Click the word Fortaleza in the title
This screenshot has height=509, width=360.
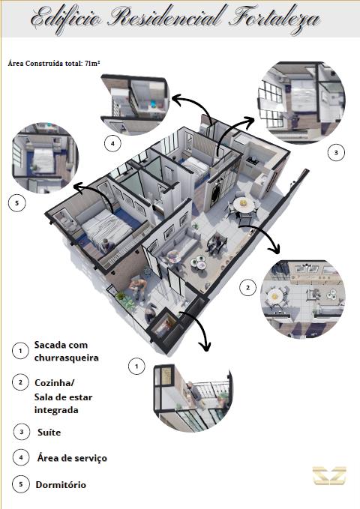(274, 19)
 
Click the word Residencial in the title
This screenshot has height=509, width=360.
(166, 18)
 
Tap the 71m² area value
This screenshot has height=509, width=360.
(92, 63)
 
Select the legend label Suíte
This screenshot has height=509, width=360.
(49, 433)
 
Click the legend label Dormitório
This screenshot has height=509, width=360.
(61, 485)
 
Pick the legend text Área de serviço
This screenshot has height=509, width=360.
(72, 458)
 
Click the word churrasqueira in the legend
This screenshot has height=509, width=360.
(67, 358)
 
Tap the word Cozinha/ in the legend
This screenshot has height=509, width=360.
(55, 383)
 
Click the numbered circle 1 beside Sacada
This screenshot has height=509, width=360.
(20, 351)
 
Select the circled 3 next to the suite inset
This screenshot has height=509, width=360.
(336, 152)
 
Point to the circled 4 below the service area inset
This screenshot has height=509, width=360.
(112, 143)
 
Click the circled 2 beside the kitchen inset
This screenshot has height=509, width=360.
(248, 288)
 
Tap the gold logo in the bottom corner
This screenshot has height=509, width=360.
(329, 475)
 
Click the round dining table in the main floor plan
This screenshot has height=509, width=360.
(243, 205)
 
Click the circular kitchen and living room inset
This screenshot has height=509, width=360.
(303, 299)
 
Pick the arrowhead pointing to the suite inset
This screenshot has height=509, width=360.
(250, 121)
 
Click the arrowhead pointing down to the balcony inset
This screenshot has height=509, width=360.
(205, 346)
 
